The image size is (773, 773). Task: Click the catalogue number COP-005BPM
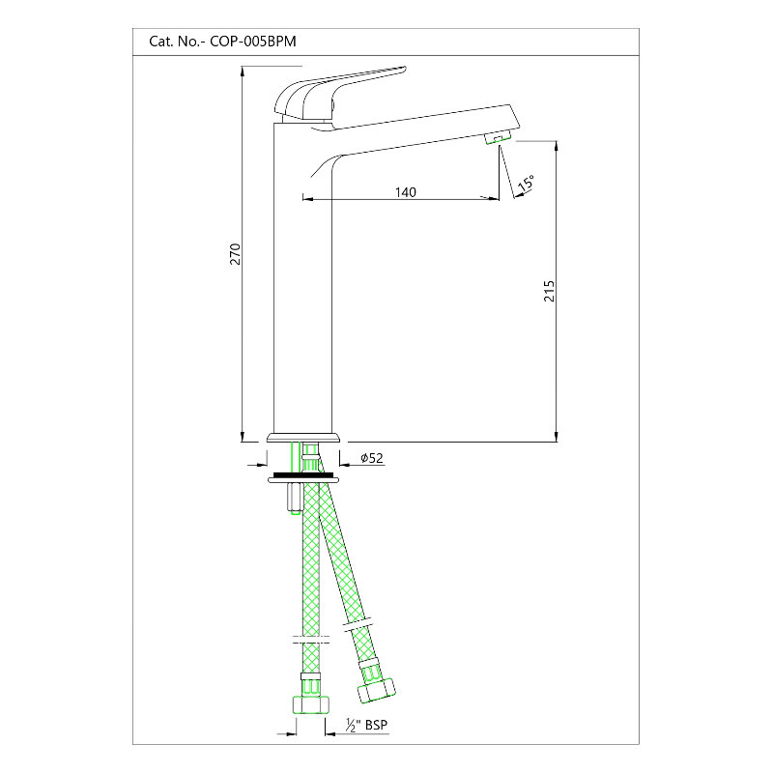253,42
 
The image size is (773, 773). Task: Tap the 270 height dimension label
236,254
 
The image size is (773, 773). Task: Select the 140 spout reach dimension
405,191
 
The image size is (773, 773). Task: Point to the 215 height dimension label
549,292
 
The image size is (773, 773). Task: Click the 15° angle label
526,183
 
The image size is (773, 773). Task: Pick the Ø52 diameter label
372,458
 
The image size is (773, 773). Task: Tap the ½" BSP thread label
366,726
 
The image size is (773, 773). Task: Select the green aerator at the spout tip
499,137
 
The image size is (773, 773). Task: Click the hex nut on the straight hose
310,704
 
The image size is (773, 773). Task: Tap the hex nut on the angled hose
377,690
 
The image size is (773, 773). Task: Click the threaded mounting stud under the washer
292,499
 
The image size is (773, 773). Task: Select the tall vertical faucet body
302,276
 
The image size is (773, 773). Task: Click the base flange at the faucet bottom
303,438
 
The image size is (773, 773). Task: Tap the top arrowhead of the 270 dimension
243,72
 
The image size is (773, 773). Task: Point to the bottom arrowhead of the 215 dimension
557,436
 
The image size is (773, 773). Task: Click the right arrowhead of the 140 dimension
493,199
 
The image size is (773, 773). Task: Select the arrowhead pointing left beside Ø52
346,465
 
